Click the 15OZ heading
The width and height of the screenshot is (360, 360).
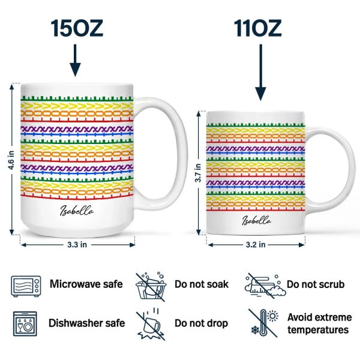(x=77, y=28)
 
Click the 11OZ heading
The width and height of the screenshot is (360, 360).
(x=257, y=28)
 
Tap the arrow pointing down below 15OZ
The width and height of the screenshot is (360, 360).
(x=75, y=61)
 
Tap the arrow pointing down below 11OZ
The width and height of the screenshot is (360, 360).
(x=260, y=73)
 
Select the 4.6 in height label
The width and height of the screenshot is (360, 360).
(x=11, y=160)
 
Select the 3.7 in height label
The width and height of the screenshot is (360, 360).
(x=198, y=173)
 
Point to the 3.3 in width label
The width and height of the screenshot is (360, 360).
(x=77, y=245)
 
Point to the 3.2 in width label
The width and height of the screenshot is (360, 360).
(x=256, y=245)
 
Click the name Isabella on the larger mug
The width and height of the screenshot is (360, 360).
(x=77, y=211)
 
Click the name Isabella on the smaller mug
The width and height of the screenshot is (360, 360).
(x=256, y=220)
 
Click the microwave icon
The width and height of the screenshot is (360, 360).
(x=26, y=286)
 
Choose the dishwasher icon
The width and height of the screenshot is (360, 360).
(x=25, y=324)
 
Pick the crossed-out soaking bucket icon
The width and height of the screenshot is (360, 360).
(x=151, y=286)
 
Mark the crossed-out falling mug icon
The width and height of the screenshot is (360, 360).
(x=150, y=324)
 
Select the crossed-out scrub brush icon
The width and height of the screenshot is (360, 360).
(x=265, y=286)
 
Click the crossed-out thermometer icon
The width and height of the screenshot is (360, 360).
(x=263, y=323)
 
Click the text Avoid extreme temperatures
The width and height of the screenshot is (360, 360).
(x=319, y=323)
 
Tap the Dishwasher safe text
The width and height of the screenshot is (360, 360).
(x=87, y=323)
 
